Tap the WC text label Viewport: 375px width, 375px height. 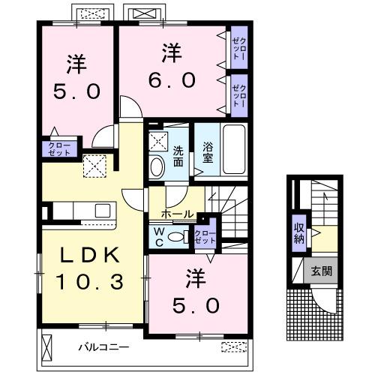click(160, 237)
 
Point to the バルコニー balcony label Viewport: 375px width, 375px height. click(106, 347)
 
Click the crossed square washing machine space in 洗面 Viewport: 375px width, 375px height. click(157, 139)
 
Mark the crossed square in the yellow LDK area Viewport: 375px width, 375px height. click(94, 164)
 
